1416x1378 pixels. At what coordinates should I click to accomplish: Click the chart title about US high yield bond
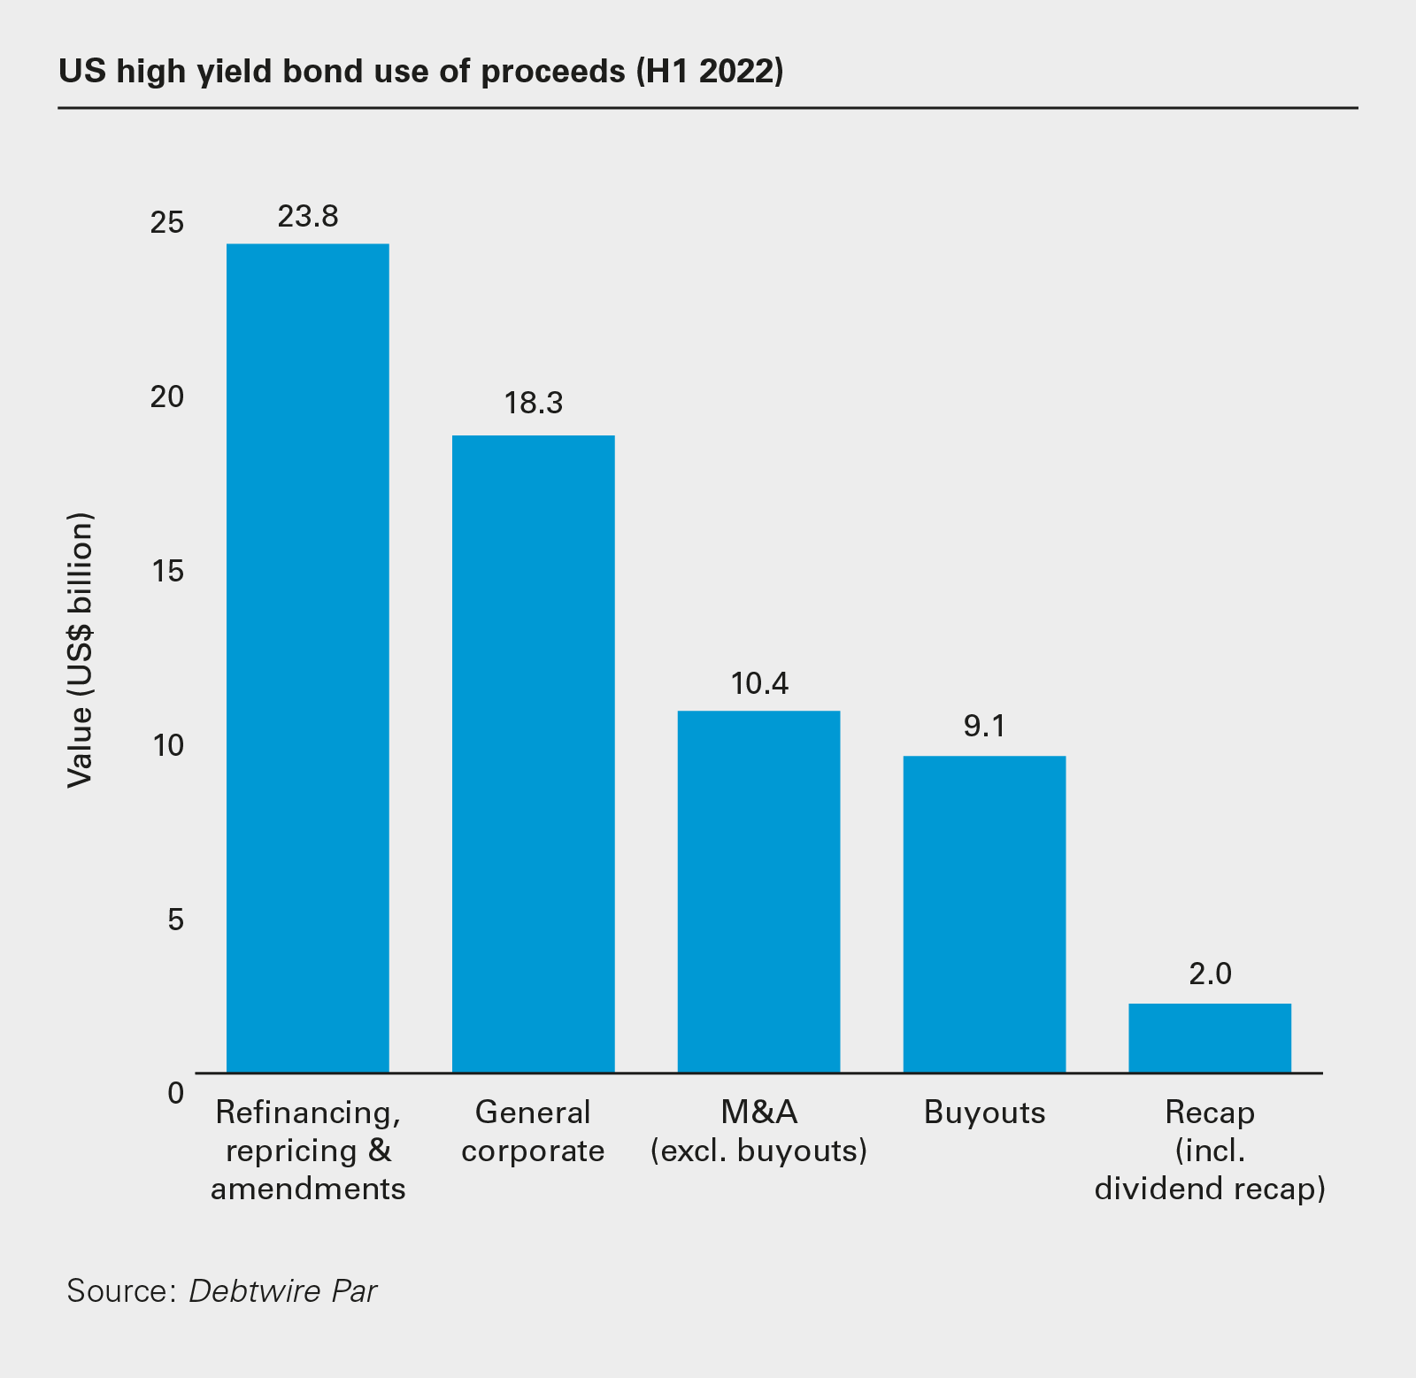pos(421,71)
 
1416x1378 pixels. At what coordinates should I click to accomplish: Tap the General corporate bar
pos(534,753)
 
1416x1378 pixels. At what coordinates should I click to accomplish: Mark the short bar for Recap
pos(1210,1037)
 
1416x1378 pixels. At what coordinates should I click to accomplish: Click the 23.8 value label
pos(308,217)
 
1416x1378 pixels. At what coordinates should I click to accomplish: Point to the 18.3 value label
pos(534,404)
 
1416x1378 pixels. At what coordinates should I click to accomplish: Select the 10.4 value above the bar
pos(759,683)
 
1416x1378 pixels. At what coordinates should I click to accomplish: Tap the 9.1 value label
pos(985,727)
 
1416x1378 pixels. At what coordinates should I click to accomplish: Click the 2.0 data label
pos(1210,974)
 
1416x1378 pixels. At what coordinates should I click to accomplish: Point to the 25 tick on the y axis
pos(167,222)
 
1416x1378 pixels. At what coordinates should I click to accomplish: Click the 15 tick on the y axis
pos(167,571)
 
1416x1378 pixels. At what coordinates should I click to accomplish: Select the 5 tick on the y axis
pos(175,920)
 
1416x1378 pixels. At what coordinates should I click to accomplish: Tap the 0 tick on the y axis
pos(175,1094)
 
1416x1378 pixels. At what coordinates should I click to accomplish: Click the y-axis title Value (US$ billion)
pos(81,650)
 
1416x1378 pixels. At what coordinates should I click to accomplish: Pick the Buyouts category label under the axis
pos(984,1112)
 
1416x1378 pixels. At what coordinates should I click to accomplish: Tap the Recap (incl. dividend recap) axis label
pos(1210,1150)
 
